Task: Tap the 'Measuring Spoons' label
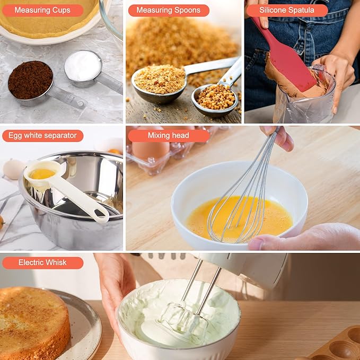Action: click(x=168, y=10)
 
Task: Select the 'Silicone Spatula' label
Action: click(x=286, y=10)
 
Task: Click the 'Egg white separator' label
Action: click(x=42, y=136)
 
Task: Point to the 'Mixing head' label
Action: click(x=168, y=136)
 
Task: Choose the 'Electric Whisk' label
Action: click(x=42, y=262)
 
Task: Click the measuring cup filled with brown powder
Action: click(x=30, y=80)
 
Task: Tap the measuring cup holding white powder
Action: click(x=83, y=66)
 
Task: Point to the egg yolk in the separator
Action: click(x=42, y=174)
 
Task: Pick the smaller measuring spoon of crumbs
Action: click(x=215, y=97)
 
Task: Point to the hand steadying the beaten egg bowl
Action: click(x=308, y=236)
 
